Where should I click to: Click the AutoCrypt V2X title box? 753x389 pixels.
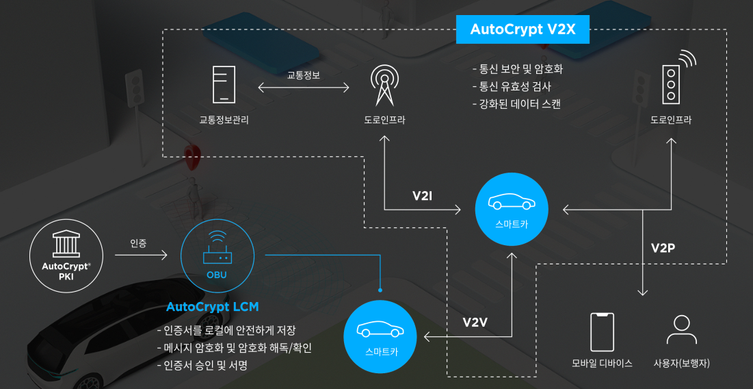tap(523, 29)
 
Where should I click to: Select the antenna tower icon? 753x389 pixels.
tap(384, 85)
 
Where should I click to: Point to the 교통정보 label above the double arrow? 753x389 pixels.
tap(303, 75)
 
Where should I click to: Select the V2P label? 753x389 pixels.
tap(663, 247)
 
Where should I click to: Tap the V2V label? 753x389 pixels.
tap(475, 322)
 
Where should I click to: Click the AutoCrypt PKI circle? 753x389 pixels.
tap(66, 252)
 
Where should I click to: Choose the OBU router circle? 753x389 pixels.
tap(217, 258)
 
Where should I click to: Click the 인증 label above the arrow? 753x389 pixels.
tap(138, 243)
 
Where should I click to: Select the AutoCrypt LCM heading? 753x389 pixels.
tap(213, 307)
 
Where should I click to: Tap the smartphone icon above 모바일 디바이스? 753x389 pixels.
tap(602, 332)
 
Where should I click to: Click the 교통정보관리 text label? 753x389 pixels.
tap(224, 121)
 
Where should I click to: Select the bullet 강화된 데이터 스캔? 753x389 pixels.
tap(516, 104)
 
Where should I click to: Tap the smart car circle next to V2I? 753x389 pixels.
tap(512, 208)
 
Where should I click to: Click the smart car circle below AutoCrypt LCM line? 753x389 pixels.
tap(380, 337)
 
